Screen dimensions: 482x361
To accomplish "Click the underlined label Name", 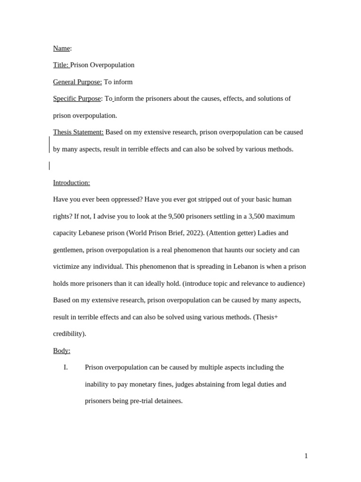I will (x=61, y=48).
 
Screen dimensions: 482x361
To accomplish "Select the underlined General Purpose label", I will (x=77, y=82).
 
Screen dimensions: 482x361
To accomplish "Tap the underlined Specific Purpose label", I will (x=77, y=99).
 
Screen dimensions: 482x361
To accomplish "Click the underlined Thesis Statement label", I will (x=78, y=132).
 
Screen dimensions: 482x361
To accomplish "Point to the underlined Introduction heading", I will (x=71, y=183).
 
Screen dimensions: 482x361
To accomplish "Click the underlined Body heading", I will (x=62, y=351).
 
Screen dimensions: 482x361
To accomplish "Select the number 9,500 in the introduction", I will (x=176, y=217).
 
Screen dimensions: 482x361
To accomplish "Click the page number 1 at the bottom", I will (x=306, y=456).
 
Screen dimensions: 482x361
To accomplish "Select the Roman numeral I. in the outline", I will (x=66, y=367).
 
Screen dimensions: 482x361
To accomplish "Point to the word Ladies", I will (x=267, y=233).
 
